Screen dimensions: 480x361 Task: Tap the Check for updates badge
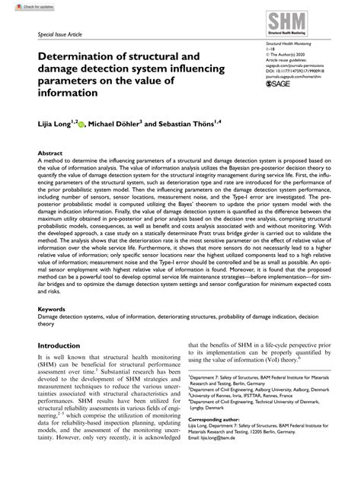coord(20,5)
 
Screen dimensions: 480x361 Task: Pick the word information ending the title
coord(68,93)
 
